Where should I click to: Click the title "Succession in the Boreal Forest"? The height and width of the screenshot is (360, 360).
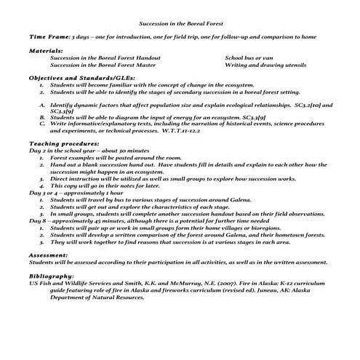[x=179, y=23]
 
